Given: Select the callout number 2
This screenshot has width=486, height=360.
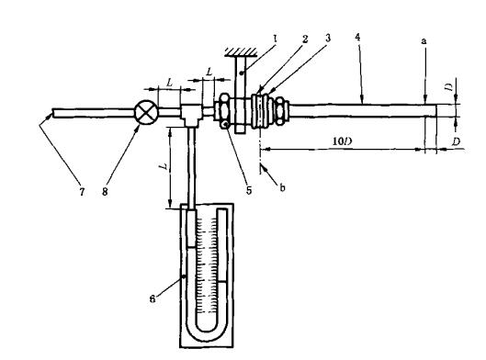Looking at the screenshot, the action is tap(305, 39).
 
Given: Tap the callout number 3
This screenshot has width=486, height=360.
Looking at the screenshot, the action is tap(328, 38).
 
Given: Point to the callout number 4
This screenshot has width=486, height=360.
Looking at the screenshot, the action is tap(357, 37).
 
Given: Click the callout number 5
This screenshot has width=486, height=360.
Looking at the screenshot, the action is tap(249, 190).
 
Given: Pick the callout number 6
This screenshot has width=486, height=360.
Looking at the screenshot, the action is tap(153, 298).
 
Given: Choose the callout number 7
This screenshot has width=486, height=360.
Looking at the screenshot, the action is tap(82, 192).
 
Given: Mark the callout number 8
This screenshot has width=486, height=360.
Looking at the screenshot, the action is tap(105, 192).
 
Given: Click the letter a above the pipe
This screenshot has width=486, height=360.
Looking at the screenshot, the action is tap(424, 40).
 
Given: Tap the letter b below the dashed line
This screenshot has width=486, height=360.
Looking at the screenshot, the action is tap(282, 187).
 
